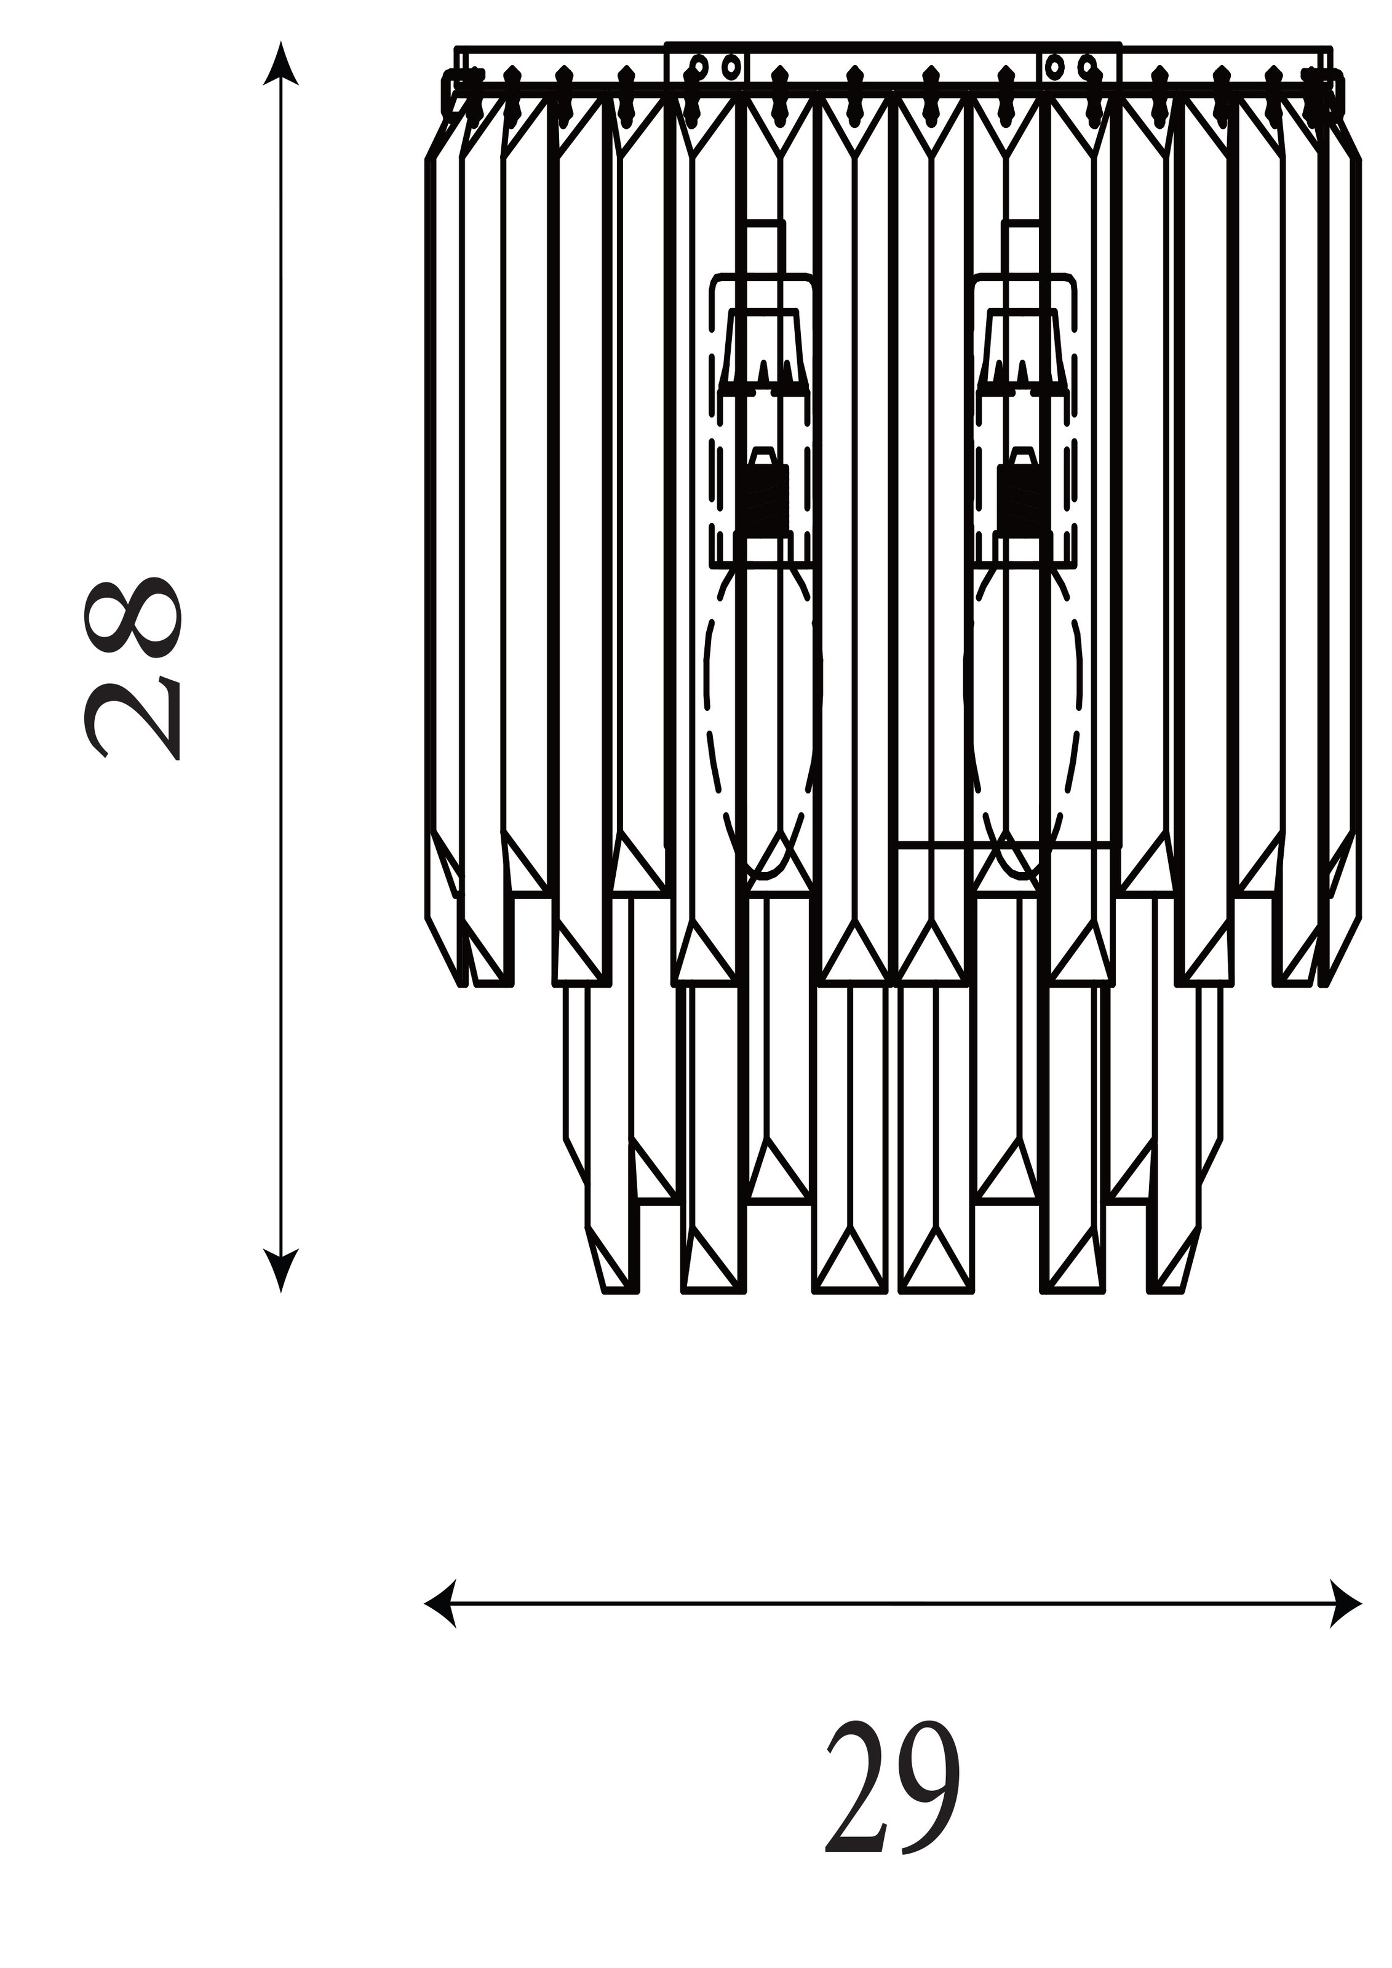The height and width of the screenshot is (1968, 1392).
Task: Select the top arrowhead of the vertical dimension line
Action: [281, 65]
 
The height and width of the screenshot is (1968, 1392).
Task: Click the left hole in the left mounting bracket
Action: [699, 65]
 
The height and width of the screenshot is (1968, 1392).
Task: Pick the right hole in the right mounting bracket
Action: [1087, 65]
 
